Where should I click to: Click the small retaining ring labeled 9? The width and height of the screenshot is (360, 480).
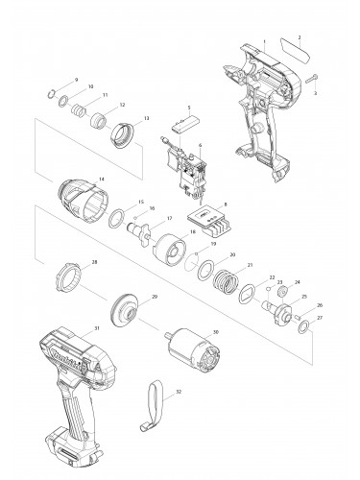pyautogui.click(x=53, y=93)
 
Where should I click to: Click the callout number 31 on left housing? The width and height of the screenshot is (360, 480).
pyautogui.click(x=96, y=329)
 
